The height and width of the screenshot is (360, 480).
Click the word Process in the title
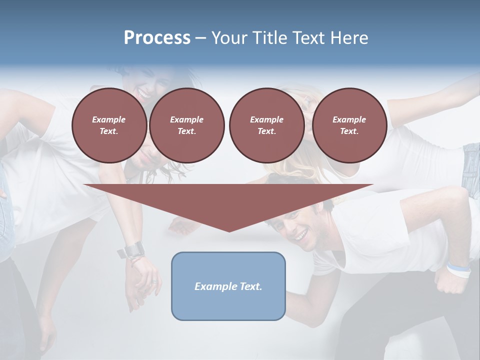[157, 38]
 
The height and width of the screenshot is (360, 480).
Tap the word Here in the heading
[349, 38]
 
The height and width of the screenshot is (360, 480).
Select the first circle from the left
[109, 125]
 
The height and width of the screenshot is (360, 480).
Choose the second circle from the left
[186, 125]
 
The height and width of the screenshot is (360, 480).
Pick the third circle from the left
[266, 125]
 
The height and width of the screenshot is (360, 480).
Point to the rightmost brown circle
[349, 125]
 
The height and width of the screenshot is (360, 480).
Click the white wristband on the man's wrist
[459, 270]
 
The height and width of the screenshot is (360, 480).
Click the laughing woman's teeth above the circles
[143, 94]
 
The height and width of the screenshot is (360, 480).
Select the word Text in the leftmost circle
[109, 131]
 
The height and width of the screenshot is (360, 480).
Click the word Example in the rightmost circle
[349, 119]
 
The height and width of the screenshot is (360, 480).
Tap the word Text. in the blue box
[251, 286]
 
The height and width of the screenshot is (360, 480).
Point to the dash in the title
[200, 38]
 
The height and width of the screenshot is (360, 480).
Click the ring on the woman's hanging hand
[153, 281]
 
